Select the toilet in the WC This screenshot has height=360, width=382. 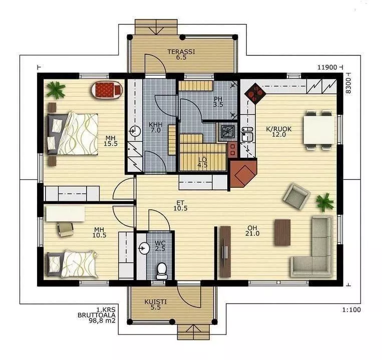(161, 271)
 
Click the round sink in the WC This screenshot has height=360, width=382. (144, 248)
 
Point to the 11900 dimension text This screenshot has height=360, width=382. (327, 67)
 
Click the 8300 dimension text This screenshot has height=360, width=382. (348, 86)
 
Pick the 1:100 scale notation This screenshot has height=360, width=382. (351, 310)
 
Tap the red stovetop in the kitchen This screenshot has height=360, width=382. (255, 93)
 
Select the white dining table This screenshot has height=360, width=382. (319, 130)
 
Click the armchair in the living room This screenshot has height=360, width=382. (296, 196)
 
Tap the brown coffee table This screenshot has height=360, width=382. (282, 233)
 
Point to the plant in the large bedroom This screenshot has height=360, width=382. (56, 90)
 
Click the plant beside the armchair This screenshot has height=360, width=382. (325, 202)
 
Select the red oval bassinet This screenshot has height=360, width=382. (107, 90)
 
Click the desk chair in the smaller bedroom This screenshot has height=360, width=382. (65, 229)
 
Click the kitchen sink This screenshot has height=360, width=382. (247, 134)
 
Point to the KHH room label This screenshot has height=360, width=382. (155, 128)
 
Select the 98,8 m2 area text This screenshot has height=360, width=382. (102, 320)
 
